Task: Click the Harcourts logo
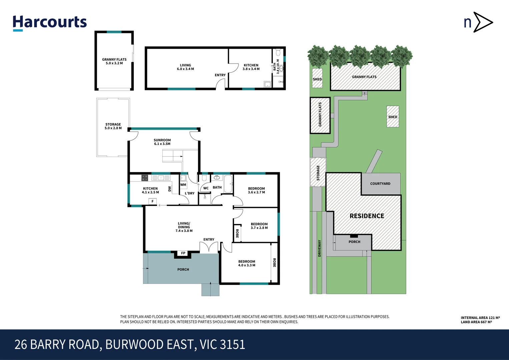[50, 23]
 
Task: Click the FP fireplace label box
[183, 253]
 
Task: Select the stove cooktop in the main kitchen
[145, 178]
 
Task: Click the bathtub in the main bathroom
[228, 184]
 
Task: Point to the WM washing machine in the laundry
[183, 185]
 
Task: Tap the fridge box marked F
[152, 201]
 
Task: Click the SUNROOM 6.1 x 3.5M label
[162, 142]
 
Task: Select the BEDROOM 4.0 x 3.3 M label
[246, 263]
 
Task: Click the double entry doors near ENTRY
[209, 247]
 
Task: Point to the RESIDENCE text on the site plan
[367, 216]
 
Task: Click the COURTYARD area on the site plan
[380, 184]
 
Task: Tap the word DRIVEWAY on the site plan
[319, 248]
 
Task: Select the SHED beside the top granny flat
[317, 79]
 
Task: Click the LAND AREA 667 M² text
[476, 322]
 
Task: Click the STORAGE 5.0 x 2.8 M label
[113, 126]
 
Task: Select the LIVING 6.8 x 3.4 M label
[185, 67]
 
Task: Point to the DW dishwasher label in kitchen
[170, 189]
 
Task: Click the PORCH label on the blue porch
[183, 269]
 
